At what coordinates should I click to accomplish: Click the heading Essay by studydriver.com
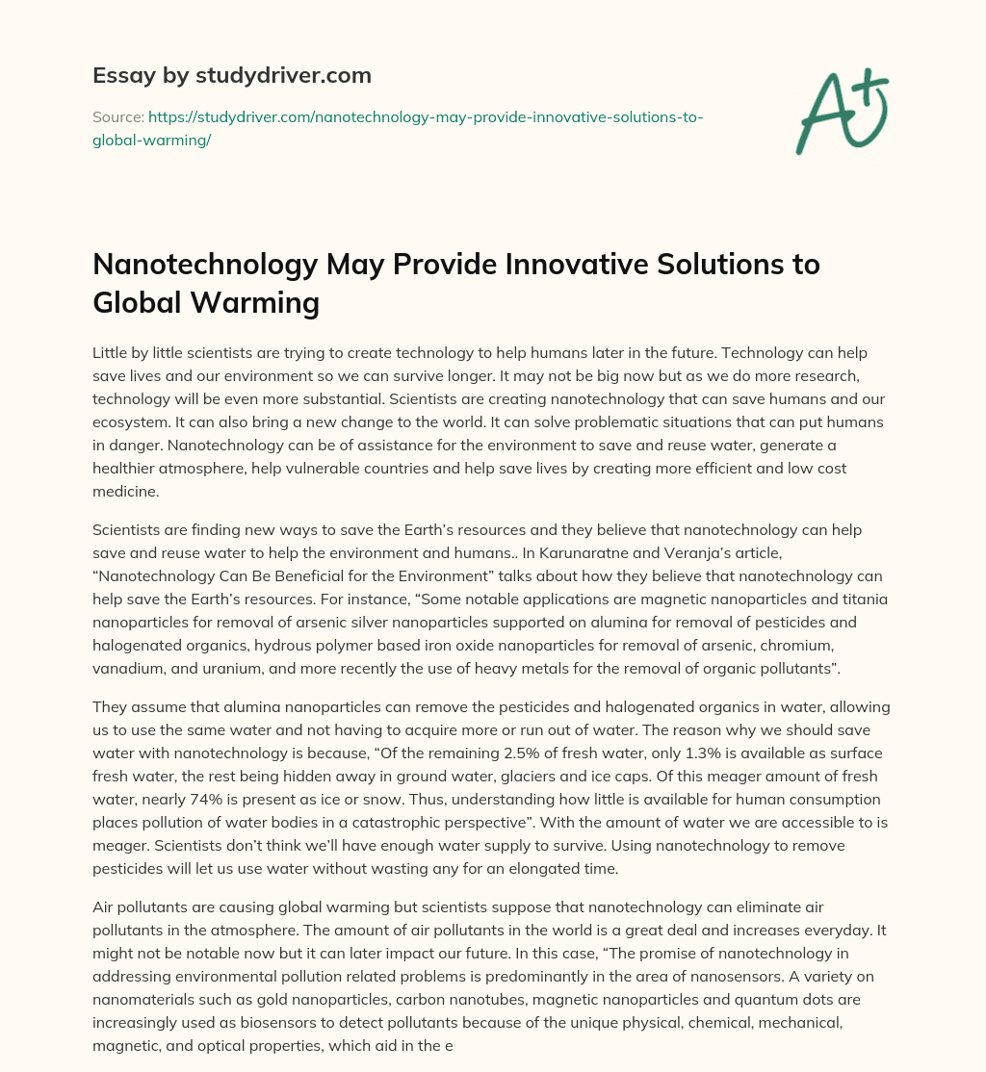(231, 75)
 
